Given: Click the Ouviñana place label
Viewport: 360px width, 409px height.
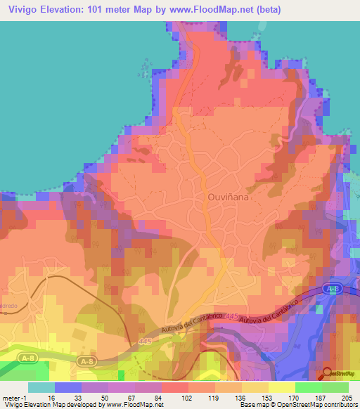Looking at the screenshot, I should pos(228,198).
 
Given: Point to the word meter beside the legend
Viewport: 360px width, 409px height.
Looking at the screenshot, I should pos(12,398).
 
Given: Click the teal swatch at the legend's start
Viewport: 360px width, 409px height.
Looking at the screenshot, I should pos(41,387).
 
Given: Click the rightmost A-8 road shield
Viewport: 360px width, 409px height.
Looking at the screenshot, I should pos(334,288).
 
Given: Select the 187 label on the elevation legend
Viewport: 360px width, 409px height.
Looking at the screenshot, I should pos(322,398).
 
